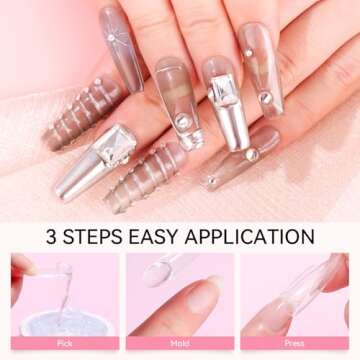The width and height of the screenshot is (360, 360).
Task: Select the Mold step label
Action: pyautogui.click(x=179, y=343)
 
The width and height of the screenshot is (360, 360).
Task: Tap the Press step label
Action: pyautogui.click(x=294, y=343)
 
